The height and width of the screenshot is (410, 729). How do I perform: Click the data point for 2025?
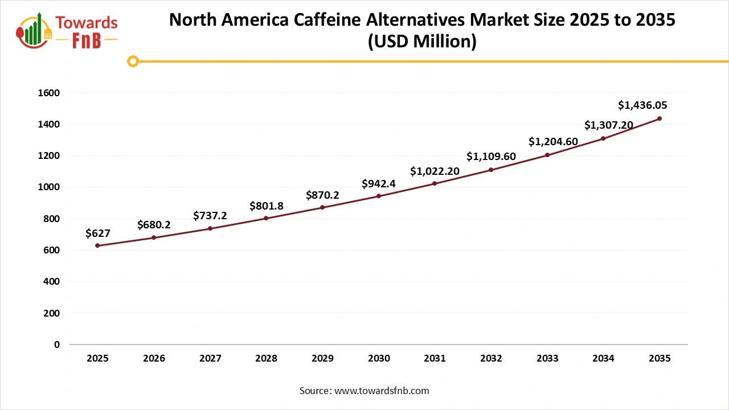97,245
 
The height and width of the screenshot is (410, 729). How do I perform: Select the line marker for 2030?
379,196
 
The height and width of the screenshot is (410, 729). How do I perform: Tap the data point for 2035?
660,118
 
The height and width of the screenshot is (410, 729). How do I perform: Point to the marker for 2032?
491,170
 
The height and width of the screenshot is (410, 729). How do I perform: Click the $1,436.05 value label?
642,105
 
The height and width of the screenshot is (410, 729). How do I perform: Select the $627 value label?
97,233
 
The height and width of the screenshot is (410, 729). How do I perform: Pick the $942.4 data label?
379,183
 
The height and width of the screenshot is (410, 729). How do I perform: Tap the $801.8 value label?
266,206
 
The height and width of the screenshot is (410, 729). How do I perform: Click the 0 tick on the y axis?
57,345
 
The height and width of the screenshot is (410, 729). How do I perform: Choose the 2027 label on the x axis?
210,359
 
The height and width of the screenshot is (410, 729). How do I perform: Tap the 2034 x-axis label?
603,359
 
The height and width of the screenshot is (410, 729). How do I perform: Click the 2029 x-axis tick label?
322,359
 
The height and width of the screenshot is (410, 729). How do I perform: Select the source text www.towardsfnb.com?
382,391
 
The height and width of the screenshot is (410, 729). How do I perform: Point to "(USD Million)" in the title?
422,42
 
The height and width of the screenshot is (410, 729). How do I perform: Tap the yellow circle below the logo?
133,61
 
